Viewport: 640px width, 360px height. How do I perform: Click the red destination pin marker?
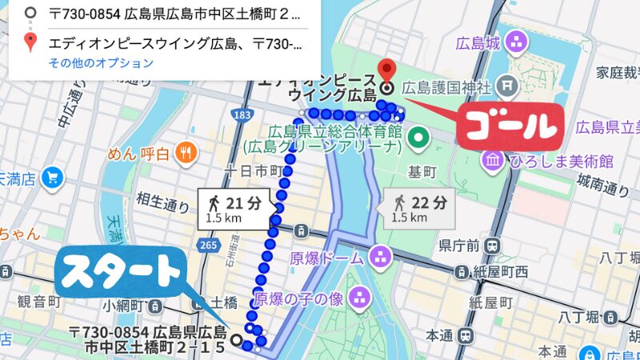(388, 71)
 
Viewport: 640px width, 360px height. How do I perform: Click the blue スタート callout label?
(121, 273)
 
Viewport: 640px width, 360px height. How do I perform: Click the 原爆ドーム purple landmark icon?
(381, 258)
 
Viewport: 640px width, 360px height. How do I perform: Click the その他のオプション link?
(100, 62)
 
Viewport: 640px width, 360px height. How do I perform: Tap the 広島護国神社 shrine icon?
(506, 84)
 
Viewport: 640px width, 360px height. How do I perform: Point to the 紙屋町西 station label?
(498, 273)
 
